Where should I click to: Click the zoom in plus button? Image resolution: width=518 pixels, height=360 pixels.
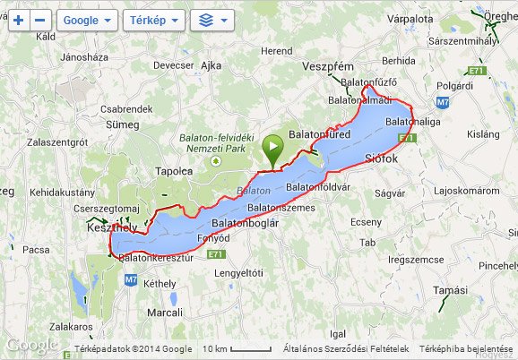pyautogui.click(x=19, y=19)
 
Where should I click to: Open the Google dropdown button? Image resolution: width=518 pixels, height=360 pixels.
pyautogui.click(x=87, y=19)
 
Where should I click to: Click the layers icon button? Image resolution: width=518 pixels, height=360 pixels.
pyautogui.click(x=212, y=19)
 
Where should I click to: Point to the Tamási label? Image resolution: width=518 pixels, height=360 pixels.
pyautogui.click(x=449, y=290)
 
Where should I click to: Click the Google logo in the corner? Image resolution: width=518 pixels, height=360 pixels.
pyautogui.click(x=32, y=345)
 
